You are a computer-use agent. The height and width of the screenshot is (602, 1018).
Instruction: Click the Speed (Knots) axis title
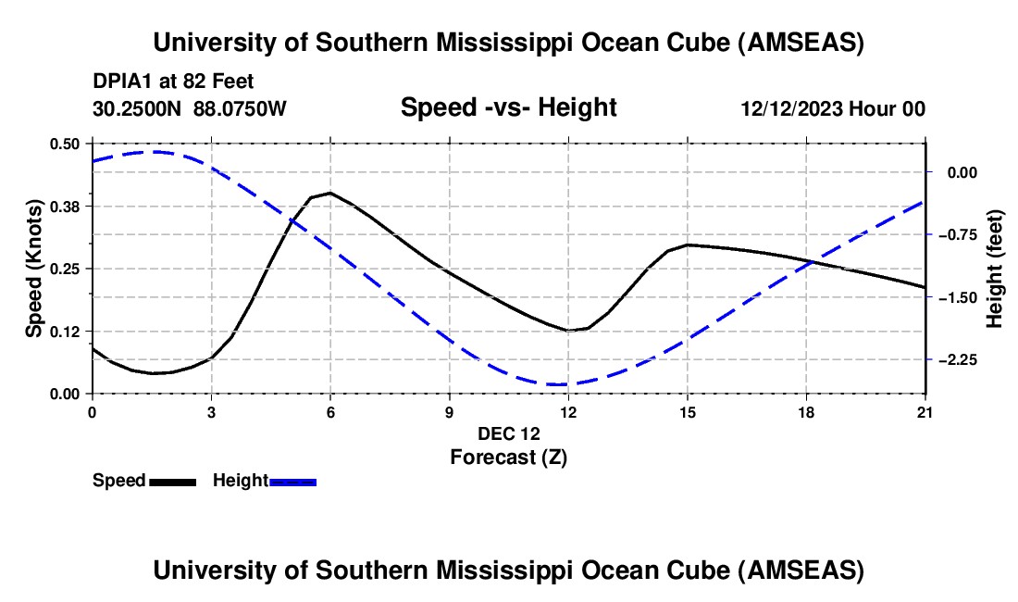pos(34,269)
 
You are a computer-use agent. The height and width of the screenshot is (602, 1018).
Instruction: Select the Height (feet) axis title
pos(995,269)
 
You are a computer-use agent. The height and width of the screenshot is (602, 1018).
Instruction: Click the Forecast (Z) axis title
pos(508,457)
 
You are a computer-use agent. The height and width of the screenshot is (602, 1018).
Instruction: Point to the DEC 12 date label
pos(508,433)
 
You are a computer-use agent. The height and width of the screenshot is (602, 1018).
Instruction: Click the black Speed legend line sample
pos(172,482)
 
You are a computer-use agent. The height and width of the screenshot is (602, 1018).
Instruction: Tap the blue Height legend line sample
pos(292,482)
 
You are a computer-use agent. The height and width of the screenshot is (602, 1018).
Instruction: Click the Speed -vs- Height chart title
pos(508,108)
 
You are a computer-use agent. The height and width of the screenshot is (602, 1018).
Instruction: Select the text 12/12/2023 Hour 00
pos(833,109)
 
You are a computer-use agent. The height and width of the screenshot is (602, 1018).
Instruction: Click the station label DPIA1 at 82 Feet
pos(173,82)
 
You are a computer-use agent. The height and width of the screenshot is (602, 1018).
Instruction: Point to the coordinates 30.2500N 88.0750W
pos(190,109)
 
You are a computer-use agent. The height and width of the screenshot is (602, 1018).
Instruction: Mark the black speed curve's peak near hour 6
pos(330,193)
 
